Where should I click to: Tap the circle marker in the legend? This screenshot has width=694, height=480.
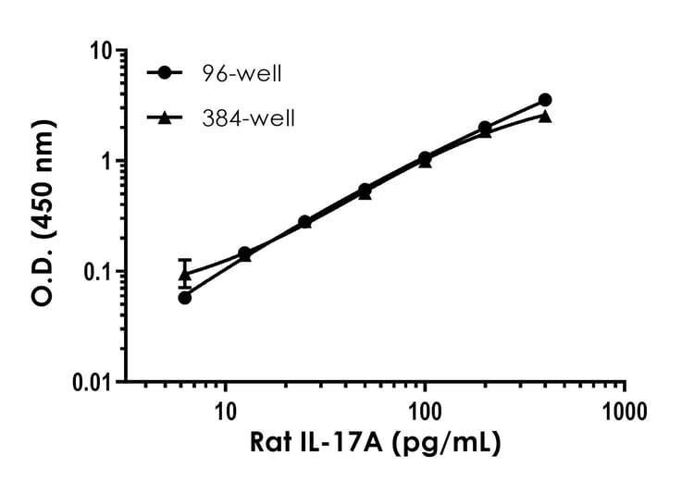(x=165, y=74)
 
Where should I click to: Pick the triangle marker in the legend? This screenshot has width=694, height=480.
(x=165, y=117)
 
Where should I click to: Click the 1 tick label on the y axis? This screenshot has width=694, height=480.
(x=108, y=161)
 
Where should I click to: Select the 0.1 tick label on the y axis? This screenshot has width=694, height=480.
(x=99, y=271)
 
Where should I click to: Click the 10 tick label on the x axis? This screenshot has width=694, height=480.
(x=225, y=408)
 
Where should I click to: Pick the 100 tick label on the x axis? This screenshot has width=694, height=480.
(x=425, y=408)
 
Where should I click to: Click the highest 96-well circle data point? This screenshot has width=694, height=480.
(x=545, y=100)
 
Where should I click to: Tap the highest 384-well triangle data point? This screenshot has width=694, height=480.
(x=545, y=116)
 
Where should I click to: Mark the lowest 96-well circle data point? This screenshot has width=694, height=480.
(x=185, y=298)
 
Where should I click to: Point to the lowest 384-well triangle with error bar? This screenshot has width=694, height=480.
(x=185, y=275)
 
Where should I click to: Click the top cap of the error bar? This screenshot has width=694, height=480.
(x=185, y=260)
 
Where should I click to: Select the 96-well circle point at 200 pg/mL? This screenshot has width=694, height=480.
(x=485, y=128)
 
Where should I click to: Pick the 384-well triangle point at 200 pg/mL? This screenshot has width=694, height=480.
(x=485, y=132)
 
